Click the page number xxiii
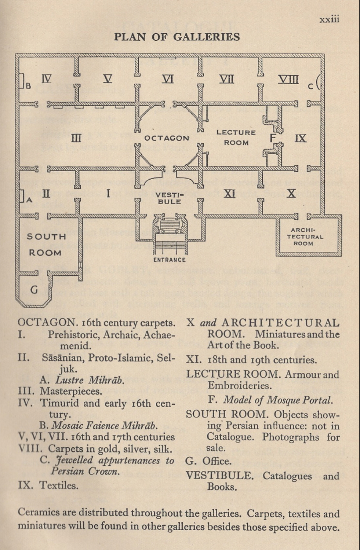329,19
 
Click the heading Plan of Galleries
177,37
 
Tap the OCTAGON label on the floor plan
167,138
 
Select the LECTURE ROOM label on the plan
236,137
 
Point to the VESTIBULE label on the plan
169,198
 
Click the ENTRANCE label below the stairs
169,260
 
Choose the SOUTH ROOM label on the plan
46,245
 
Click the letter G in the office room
34,290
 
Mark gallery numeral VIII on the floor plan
288,79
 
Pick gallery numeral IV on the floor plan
46,78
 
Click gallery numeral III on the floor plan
76,138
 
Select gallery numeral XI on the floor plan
229,194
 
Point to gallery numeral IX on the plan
300,138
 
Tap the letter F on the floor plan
273,138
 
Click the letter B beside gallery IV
28,86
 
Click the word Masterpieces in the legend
71,392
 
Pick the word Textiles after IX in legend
59,485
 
